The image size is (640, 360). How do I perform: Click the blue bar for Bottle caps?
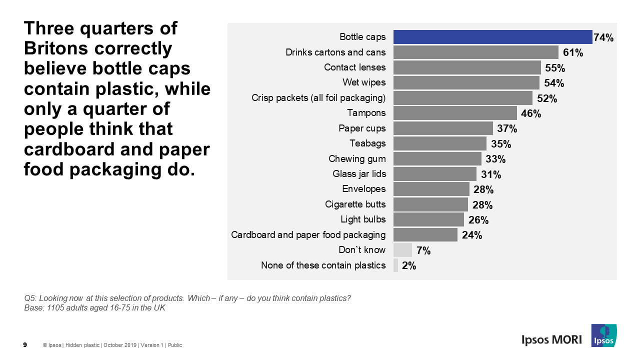(492, 37)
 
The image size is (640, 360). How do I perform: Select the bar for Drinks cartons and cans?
(475, 52)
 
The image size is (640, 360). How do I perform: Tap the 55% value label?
(555, 68)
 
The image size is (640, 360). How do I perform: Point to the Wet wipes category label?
(364, 82)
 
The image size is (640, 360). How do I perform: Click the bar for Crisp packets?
(462, 97)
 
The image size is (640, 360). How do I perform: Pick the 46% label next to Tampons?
(531, 113)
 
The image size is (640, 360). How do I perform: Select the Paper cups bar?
(443, 128)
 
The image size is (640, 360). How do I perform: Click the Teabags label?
(367, 143)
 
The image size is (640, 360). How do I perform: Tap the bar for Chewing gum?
(437, 159)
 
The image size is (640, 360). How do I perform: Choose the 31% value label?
(491, 174)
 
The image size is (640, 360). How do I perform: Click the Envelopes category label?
(364, 189)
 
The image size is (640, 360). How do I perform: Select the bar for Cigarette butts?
(430, 204)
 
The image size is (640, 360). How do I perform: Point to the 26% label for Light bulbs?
(478, 220)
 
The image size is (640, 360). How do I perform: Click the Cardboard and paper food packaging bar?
(425, 235)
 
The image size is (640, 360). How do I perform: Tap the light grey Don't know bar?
(402, 250)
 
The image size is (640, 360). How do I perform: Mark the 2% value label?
(409, 266)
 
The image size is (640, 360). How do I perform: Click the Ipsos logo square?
(603, 335)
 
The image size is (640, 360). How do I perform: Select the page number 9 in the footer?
(25, 345)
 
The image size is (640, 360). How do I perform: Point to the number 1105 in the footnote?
(54, 308)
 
